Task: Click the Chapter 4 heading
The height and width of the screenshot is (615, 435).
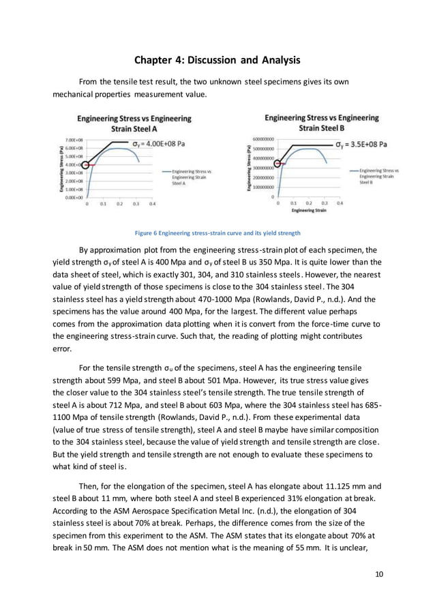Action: pos(217,61)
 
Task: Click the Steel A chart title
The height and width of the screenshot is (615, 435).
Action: pos(134,123)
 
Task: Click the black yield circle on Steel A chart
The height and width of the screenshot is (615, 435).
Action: pos(85,165)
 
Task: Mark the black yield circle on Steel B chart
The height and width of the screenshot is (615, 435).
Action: pos(277,163)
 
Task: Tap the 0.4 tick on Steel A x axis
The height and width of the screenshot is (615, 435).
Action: pos(153,204)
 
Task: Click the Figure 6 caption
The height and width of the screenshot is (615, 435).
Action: pos(217,233)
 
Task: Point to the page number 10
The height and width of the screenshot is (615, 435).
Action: pos(379,574)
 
